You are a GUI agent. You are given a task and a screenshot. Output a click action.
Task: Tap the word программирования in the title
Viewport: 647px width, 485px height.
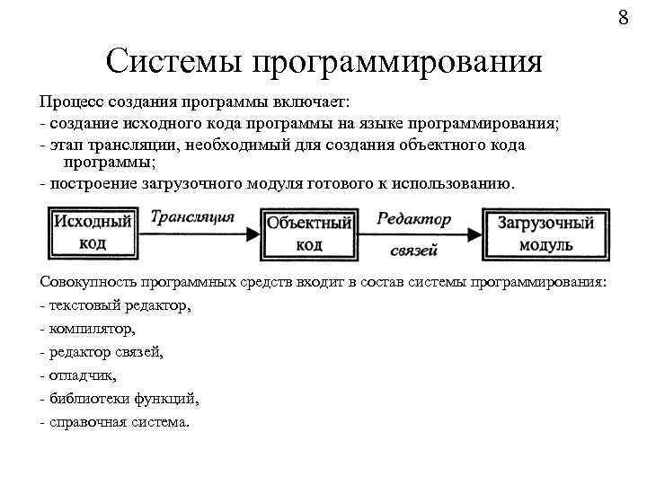click(x=397, y=63)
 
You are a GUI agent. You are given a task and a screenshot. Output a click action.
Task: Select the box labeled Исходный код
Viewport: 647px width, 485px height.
click(x=93, y=232)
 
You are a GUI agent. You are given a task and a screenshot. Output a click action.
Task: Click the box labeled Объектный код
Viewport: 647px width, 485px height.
click(x=309, y=233)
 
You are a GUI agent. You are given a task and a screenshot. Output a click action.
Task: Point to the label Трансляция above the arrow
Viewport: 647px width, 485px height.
click(x=192, y=216)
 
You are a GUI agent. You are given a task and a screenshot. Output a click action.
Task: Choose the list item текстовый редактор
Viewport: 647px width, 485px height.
click(x=119, y=305)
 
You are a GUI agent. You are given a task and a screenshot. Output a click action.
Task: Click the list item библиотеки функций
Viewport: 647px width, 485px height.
click(x=124, y=399)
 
